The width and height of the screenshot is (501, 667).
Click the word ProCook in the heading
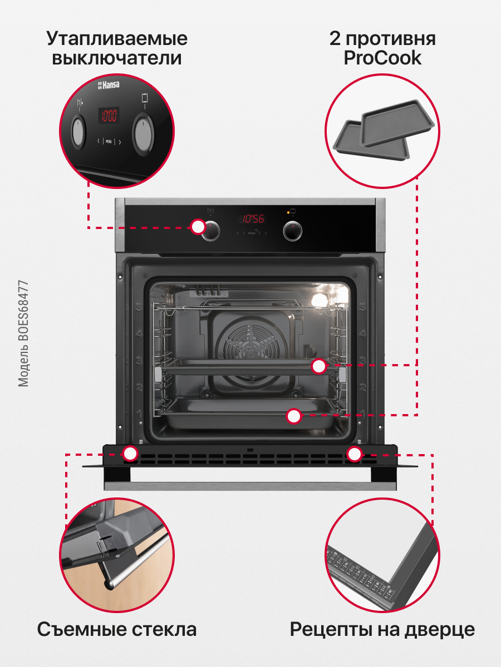[382, 58]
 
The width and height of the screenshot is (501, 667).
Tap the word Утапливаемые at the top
[117, 39]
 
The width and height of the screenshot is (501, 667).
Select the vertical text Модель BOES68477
[23, 333]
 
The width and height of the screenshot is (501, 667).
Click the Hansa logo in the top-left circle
[109, 85]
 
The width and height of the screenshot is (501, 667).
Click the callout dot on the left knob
[198, 226]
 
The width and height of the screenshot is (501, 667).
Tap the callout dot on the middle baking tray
[318, 366]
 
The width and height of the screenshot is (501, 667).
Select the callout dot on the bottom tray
[294, 415]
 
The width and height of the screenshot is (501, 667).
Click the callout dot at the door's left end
[130, 453]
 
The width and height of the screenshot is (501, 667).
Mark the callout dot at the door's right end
[354, 454]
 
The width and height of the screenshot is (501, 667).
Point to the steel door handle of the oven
[250, 486]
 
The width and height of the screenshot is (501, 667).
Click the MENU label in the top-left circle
[109, 142]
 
